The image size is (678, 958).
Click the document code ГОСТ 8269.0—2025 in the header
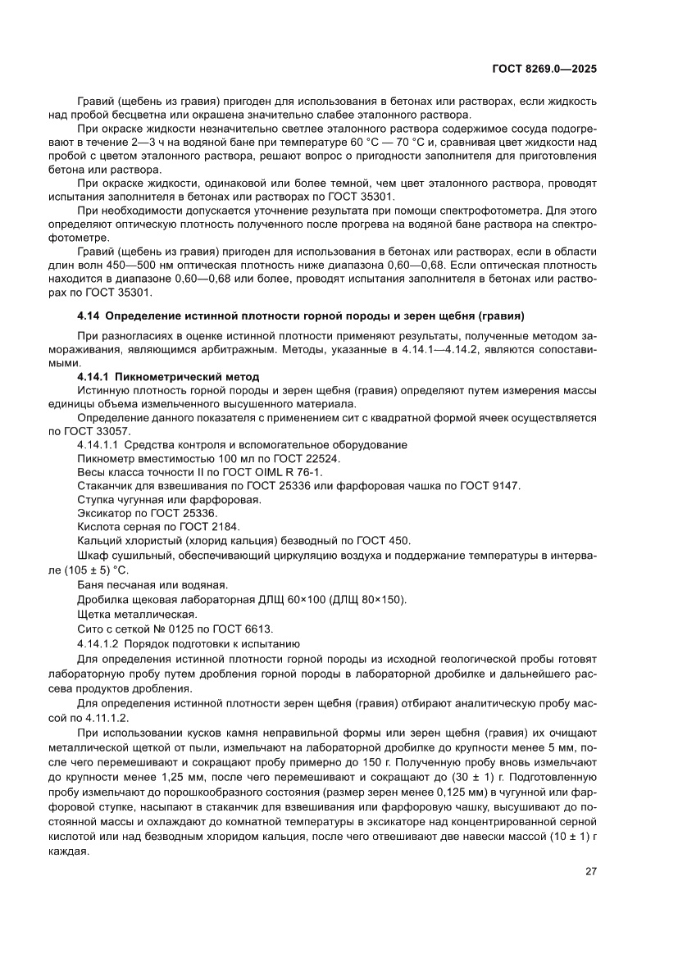point(544,70)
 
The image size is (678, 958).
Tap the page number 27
point(590,871)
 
